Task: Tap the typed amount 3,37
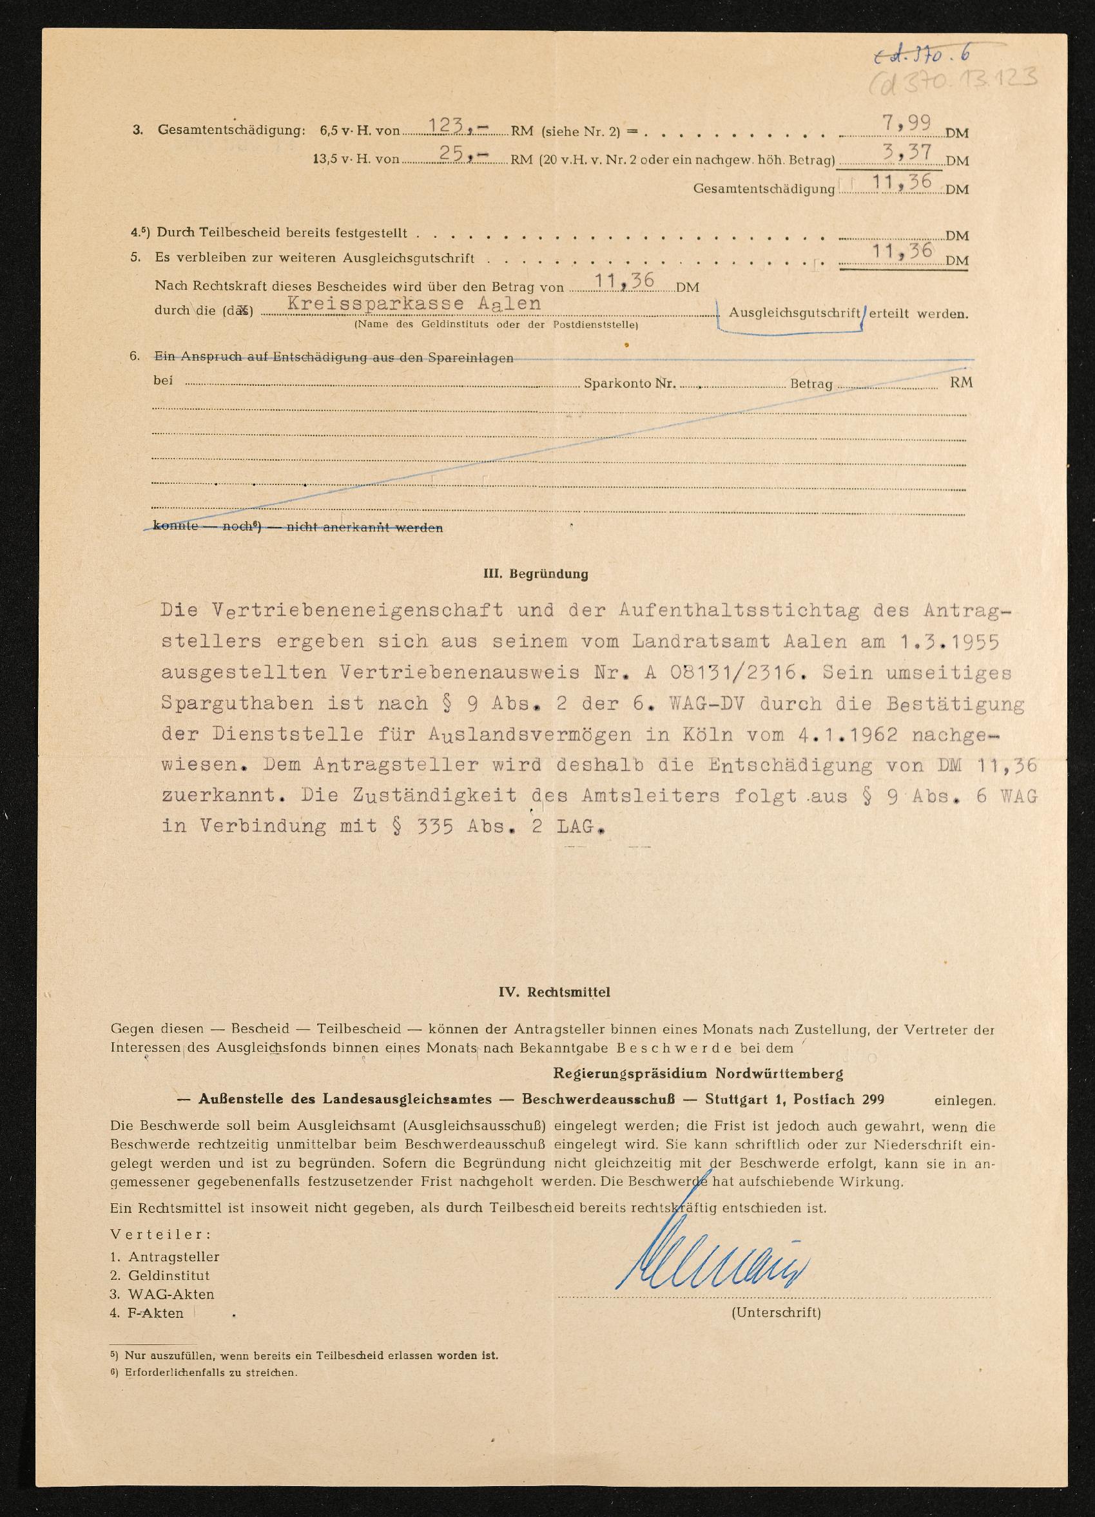[907, 153]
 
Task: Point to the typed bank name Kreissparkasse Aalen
[414, 303]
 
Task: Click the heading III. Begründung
[536, 573]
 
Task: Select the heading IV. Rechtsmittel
[554, 992]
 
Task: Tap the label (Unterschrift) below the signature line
[776, 1312]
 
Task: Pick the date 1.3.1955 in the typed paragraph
[949, 642]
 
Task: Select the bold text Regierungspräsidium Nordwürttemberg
[698, 1074]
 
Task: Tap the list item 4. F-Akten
[146, 1313]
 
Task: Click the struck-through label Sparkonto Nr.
[629, 384]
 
